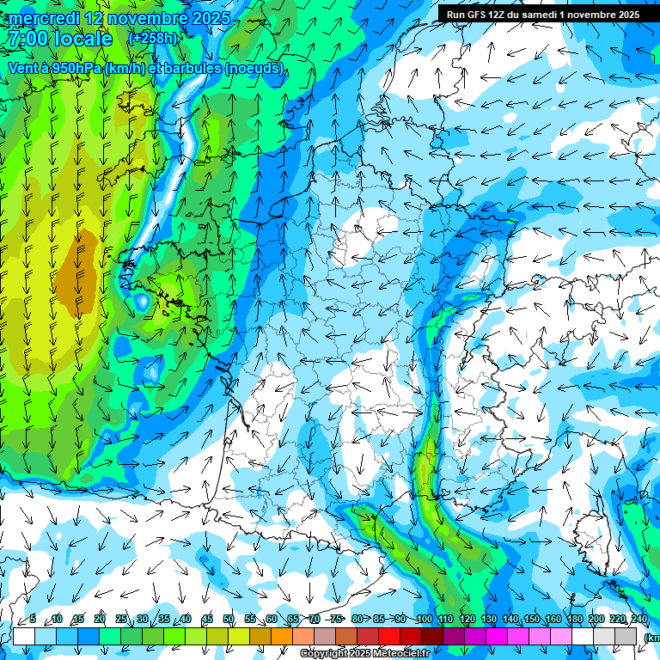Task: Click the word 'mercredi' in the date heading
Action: pos(45,18)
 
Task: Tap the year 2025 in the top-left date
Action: pos(210,18)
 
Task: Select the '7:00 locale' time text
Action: pos(61,39)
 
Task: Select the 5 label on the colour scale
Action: pos(33,620)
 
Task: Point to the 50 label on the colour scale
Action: pos(229,620)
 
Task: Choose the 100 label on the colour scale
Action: pos(424,620)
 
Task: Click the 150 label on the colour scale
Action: pos(532,620)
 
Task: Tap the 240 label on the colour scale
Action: pos(639,620)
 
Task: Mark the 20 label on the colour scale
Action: pos(100,620)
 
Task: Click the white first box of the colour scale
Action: pos(24,636)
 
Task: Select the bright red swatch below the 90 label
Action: pos(389,636)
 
